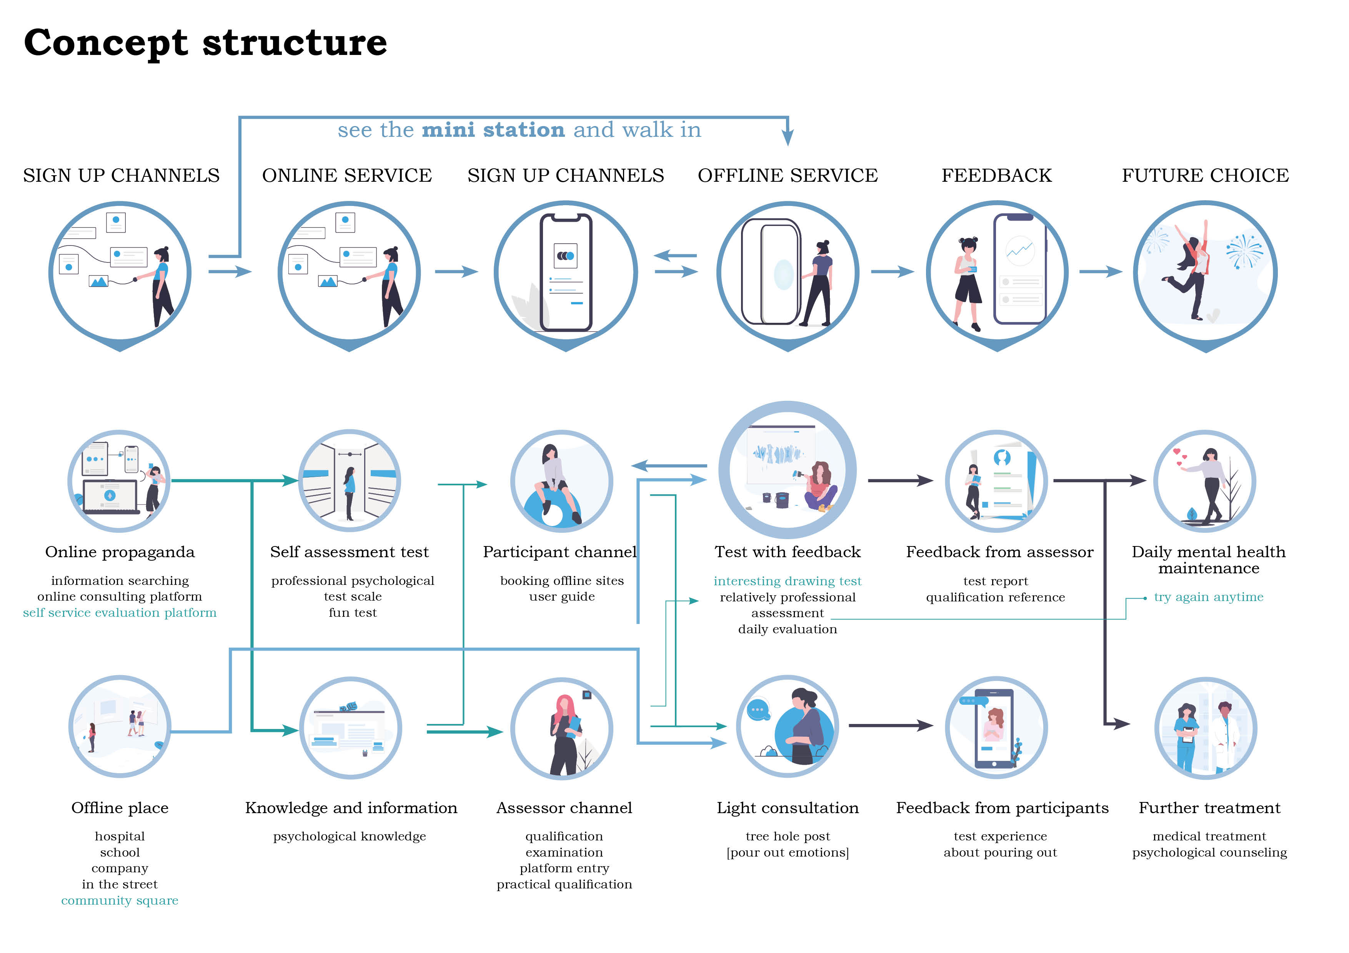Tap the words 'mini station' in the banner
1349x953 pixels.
point(493,130)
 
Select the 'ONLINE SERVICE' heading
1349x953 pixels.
point(346,176)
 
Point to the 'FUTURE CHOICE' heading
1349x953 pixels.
point(1205,176)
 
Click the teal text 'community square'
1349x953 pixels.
point(120,901)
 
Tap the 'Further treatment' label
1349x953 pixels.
point(1209,808)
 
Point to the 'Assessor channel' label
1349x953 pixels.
point(564,808)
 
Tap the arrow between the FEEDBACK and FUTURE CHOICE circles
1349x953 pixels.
point(1101,271)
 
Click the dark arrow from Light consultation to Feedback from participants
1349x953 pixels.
point(890,726)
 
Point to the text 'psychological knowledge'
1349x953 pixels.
point(350,836)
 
